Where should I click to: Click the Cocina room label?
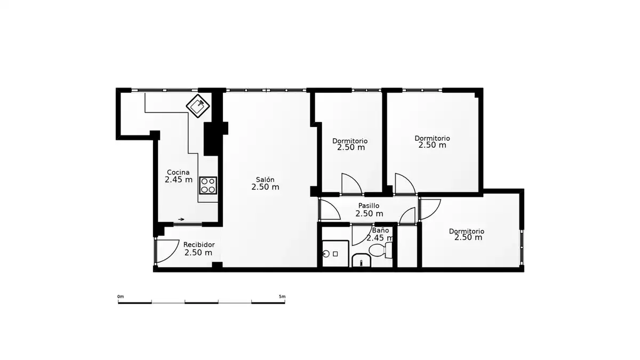(x=178, y=172)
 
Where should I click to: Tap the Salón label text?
(x=265, y=180)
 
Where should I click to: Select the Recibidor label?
(x=199, y=245)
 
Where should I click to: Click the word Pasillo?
(x=369, y=206)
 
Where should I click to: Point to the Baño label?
(x=381, y=230)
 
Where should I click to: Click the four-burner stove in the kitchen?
(x=208, y=186)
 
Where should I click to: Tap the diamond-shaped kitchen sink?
(x=198, y=106)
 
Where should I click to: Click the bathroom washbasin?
(x=361, y=260)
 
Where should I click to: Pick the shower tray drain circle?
(x=326, y=254)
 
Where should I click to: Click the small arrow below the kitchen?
(x=181, y=219)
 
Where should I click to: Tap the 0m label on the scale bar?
(x=121, y=297)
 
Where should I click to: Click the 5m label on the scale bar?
(x=282, y=297)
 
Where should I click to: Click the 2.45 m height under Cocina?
(x=179, y=180)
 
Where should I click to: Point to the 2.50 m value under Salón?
(x=265, y=187)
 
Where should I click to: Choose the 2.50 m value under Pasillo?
(x=369, y=214)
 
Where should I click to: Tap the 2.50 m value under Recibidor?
(x=198, y=253)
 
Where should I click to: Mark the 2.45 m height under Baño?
(x=380, y=238)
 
